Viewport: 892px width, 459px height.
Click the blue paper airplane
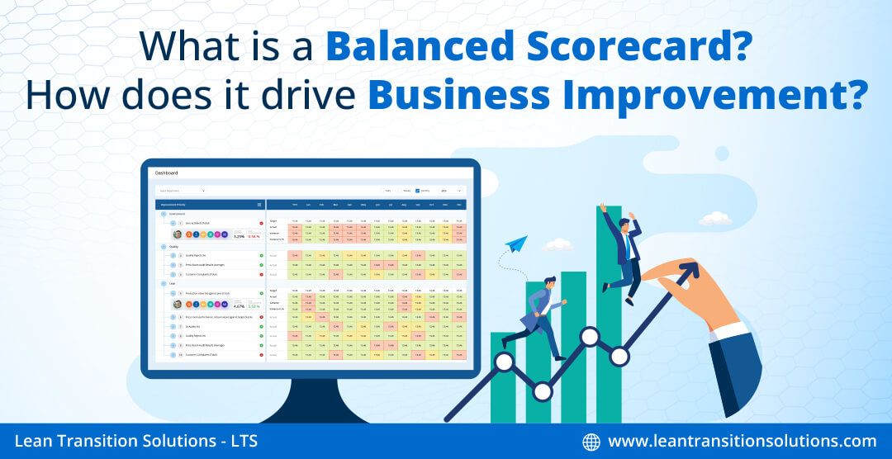517,244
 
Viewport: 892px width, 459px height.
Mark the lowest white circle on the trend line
542,391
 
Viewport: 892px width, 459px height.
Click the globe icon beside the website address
591,442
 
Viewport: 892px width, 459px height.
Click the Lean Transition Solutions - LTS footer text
135,442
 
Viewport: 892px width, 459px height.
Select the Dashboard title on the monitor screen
167,173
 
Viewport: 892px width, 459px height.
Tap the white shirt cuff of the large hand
730,334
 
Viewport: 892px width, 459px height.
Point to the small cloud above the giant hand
714,219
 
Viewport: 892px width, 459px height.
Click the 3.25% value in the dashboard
240,236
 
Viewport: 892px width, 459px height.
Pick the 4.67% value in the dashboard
240,306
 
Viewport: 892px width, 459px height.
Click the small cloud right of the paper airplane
559,244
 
